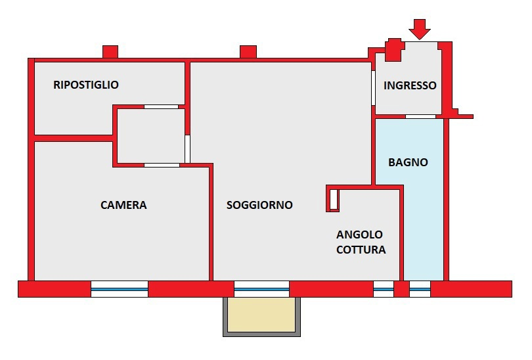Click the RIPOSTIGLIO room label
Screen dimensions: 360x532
pos(86,85)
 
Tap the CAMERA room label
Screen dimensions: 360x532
pos(123,205)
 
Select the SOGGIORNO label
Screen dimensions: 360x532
pos(259,205)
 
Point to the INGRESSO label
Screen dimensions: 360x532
pos(410,85)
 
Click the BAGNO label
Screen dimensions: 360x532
pos(408,162)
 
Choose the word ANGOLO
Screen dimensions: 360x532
pos(359,235)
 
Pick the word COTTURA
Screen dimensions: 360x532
pos(361,250)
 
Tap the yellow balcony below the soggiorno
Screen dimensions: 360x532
pos(261,315)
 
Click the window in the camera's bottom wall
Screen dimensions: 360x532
pos(120,289)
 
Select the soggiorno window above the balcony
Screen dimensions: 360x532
pos(261,289)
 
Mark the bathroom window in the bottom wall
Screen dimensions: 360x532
pos(420,289)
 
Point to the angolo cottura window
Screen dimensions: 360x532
pos(383,289)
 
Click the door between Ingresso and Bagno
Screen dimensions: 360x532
pos(420,116)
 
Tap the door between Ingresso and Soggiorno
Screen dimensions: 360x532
pos(373,89)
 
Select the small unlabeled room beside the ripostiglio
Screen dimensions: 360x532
pos(149,135)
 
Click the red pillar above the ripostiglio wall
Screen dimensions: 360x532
pos(110,51)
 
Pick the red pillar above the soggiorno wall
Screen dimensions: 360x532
pos(248,51)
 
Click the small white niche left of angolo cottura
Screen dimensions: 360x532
pos(334,199)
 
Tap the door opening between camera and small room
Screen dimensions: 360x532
pos(162,165)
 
